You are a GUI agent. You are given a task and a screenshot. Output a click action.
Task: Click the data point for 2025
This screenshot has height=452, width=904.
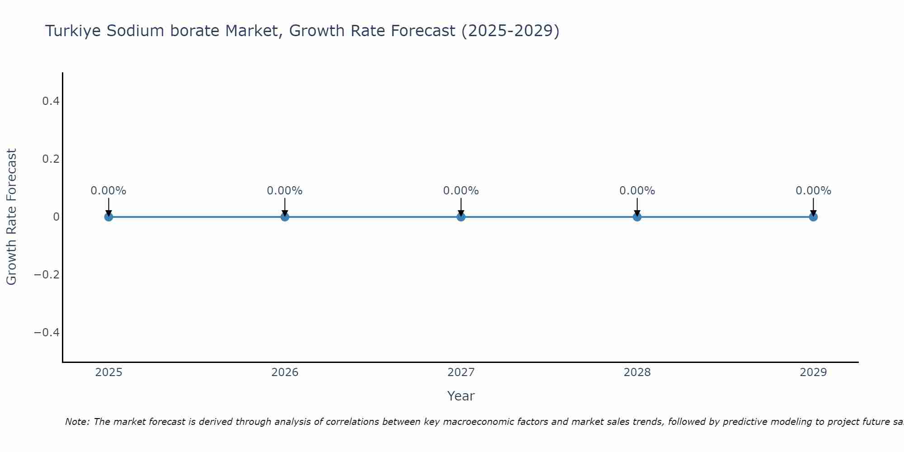108,217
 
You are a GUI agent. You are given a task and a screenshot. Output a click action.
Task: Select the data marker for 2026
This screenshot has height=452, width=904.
285,217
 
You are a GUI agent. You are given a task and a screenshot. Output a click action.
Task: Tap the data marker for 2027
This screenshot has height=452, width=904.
461,217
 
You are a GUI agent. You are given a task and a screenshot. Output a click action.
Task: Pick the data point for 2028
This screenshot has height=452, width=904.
637,217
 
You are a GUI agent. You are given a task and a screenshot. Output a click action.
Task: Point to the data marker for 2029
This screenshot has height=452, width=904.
813,217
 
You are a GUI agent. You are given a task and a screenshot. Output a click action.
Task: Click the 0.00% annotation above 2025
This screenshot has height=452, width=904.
108,191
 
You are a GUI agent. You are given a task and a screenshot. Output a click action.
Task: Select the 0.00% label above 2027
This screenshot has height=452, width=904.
461,191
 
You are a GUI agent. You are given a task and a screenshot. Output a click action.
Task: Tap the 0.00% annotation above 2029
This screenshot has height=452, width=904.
813,191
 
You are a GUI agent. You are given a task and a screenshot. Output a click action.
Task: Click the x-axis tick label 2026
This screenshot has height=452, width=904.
285,372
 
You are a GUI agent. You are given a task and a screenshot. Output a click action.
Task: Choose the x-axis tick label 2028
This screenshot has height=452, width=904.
637,372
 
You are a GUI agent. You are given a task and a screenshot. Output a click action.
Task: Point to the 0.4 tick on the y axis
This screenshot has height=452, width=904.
51,101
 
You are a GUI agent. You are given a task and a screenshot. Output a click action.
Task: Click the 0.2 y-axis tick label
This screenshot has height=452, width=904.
51,159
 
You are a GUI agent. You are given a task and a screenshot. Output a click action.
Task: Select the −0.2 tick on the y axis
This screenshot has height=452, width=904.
47,275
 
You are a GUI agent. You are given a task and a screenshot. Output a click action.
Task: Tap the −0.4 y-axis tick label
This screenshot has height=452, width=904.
47,333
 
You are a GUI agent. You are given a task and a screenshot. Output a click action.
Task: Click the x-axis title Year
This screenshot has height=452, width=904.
461,396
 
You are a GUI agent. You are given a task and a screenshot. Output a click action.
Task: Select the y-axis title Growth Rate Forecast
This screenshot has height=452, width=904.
11,217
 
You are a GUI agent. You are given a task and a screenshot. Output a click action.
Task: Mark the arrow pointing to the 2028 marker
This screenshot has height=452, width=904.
637,206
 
